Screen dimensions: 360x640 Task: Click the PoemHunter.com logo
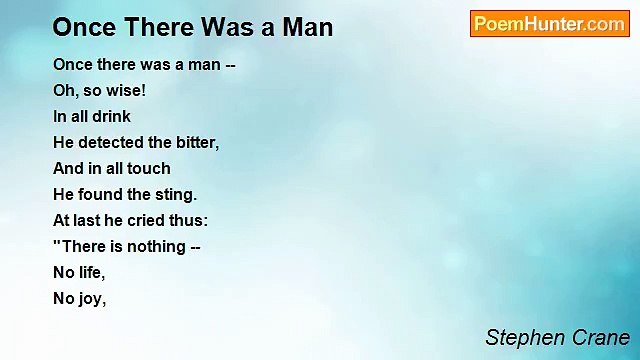click(549, 24)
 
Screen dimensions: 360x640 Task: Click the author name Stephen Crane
click(557, 337)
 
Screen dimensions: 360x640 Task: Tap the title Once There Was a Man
click(193, 26)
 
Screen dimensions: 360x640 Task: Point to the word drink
click(111, 116)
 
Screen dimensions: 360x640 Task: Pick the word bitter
click(196, 142)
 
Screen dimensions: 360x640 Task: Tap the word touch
click(148, 168)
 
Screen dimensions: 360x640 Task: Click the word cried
click(148, 220)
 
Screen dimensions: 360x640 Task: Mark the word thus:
click(189, 220)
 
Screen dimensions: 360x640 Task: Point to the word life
click(91, 272)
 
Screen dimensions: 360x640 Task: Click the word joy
click(91, 298)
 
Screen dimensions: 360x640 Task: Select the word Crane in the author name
click(599, 337)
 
